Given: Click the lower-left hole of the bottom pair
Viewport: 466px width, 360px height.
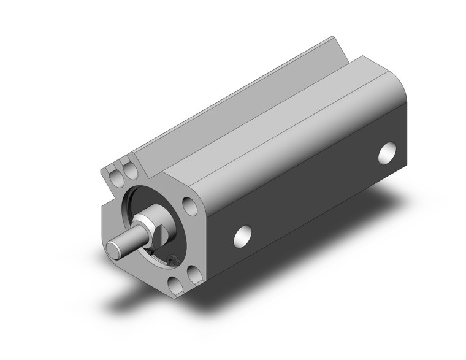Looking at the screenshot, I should tap(177, 284).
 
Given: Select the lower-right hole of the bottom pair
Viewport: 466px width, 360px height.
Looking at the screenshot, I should tap(195, 274).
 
